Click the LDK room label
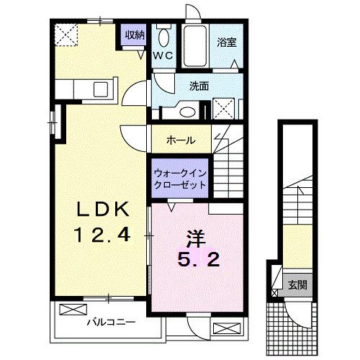[103, 209]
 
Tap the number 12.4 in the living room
[103, 235]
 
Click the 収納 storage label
[135, 35]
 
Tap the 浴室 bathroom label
[226, 42]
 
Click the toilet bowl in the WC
[163, 37]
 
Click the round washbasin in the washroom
[189, 112]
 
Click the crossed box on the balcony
[72, 311]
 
